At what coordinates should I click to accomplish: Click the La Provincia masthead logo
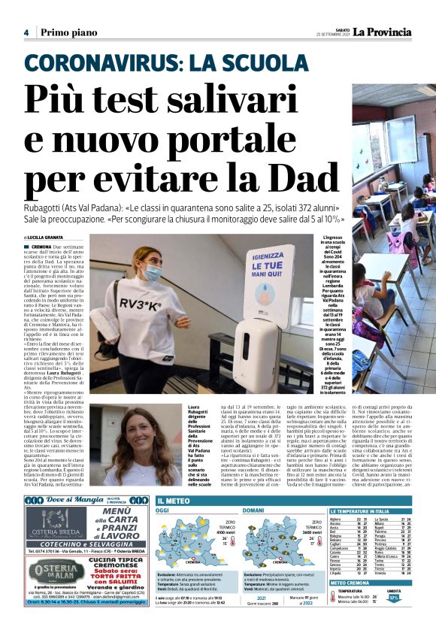tap(383, 32)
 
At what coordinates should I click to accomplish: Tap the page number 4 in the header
tap(26, 32)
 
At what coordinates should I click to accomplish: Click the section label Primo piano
tap(65, 32)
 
